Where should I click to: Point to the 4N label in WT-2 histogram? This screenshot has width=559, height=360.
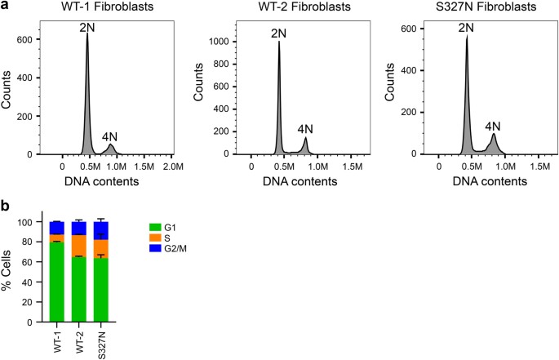point(305,129)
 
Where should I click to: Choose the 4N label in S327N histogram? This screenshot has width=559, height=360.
point(493,126)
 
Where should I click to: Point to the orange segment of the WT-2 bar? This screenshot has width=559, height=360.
point(79,246)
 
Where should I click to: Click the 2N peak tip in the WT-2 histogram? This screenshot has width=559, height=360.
point(279,41)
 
